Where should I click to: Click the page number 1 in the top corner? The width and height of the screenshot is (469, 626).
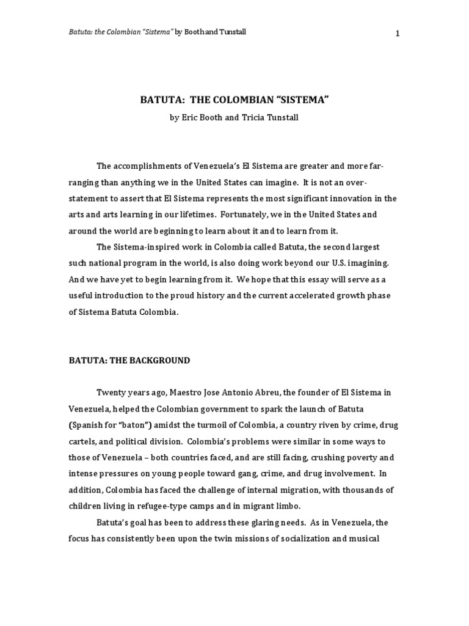pos(398,33)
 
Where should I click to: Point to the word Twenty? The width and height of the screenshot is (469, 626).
pos(111,392)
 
